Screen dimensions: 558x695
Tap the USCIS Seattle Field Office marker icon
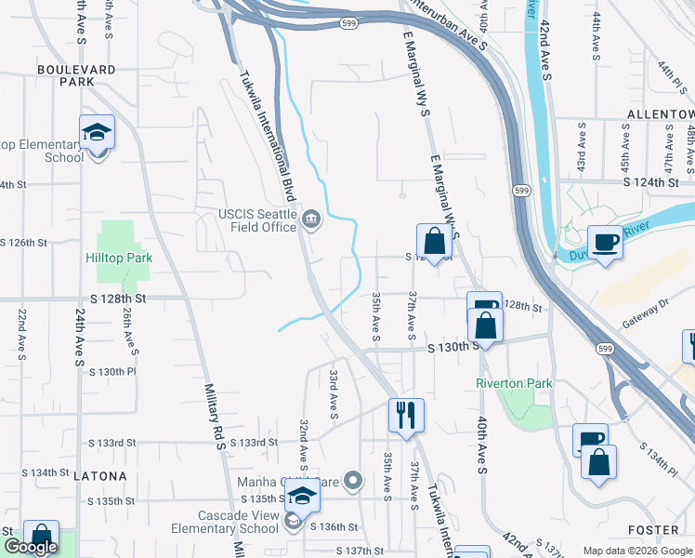click(x=311, y=220)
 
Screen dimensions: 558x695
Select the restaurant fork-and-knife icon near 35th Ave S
click(x=406, y=414)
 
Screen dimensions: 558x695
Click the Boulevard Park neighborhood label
click(x=77, y=75)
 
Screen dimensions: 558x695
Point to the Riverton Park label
click(x=514, y=383)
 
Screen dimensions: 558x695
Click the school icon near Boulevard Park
click(x=96, y=134)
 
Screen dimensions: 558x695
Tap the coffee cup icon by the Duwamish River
click(x=605, y=242)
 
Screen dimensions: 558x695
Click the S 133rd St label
click(x=255, y=443)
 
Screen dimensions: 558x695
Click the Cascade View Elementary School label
click(x=225, y=522)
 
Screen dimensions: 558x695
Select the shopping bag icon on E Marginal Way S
click(x=434, y=241)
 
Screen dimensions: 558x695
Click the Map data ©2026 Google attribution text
click(x=637, y=550)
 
